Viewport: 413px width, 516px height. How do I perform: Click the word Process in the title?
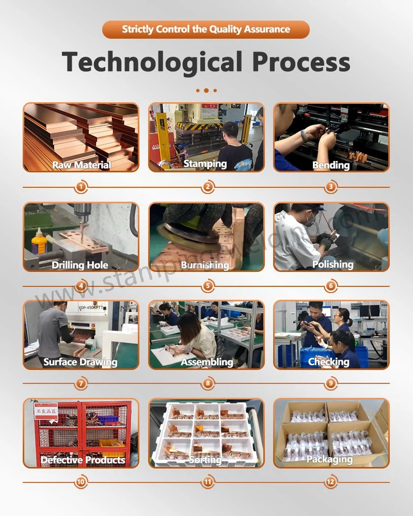[301, 61]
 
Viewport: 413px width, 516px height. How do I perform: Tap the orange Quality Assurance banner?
[206, 29]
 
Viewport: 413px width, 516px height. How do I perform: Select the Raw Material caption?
[81, 165]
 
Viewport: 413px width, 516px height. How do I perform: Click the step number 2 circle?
[208, 187]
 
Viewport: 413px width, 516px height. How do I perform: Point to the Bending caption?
[331, 165]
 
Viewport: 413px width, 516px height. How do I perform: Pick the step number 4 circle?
[81, 286]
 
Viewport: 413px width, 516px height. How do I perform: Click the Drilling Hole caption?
[80, 265]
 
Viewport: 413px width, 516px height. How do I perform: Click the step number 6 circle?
[331, 286]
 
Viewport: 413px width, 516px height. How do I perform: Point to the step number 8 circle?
[208, 383]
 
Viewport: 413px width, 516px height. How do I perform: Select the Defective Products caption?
[83, 460]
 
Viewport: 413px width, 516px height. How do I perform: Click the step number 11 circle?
[208, 482]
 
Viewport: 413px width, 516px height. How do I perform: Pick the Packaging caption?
[330, 460]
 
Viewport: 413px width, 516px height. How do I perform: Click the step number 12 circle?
[331, 482]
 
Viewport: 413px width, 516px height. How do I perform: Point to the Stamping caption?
[205, 164]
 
